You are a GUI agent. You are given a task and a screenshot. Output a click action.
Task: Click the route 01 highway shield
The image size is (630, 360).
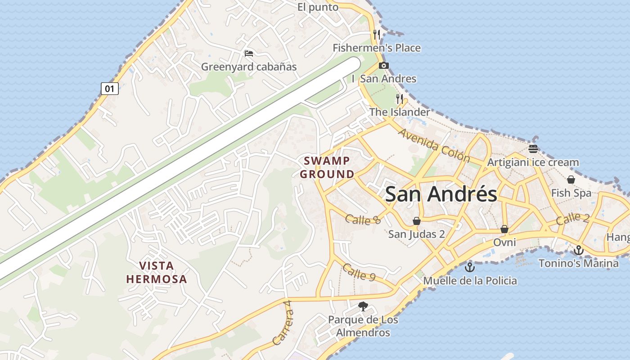click(x=110, y=89)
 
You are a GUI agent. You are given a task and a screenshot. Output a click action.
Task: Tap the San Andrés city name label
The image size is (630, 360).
click(x=441, y=194)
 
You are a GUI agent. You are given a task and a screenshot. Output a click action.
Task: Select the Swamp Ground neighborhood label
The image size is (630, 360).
click(x=327, y=167)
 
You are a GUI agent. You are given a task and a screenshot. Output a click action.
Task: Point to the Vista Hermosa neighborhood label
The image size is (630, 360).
click(x=157, y=272)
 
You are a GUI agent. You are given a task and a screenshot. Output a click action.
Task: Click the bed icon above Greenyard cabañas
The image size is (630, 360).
click(x=249, y=54)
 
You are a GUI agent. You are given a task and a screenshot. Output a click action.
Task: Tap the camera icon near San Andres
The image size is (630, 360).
click(x=384, y=66)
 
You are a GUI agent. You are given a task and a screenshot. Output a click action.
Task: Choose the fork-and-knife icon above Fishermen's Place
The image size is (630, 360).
click(x=377, y=34)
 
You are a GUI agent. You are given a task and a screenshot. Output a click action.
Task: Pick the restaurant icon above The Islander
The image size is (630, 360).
click(x=400, y=99)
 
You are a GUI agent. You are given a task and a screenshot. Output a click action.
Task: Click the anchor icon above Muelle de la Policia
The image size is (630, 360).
click(x=470, y=267)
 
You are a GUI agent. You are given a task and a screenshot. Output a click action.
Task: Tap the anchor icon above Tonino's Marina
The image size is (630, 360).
click(x=579, y=250)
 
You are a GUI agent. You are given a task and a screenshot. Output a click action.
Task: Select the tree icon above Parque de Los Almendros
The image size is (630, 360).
click(x=363, y=306)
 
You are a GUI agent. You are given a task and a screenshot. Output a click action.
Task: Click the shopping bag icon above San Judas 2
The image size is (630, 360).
click(x=417, y=221)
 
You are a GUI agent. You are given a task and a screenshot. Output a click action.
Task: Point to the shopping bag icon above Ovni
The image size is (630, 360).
click(x=504, y=229)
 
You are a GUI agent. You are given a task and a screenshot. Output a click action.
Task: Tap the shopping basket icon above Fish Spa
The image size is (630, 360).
click(x=571, y=180)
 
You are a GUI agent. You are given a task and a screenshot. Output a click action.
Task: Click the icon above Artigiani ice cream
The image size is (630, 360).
click(x=533, y=149)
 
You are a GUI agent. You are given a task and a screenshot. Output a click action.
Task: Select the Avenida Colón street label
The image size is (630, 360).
click(x=434, y=146)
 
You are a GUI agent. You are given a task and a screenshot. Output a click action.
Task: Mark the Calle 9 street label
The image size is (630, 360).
click(x=359, y=272)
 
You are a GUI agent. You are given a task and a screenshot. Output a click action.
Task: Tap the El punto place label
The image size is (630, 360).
click(x=318, y=7)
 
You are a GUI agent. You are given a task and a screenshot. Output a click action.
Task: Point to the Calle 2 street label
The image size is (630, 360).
click(x=572, y=219)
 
